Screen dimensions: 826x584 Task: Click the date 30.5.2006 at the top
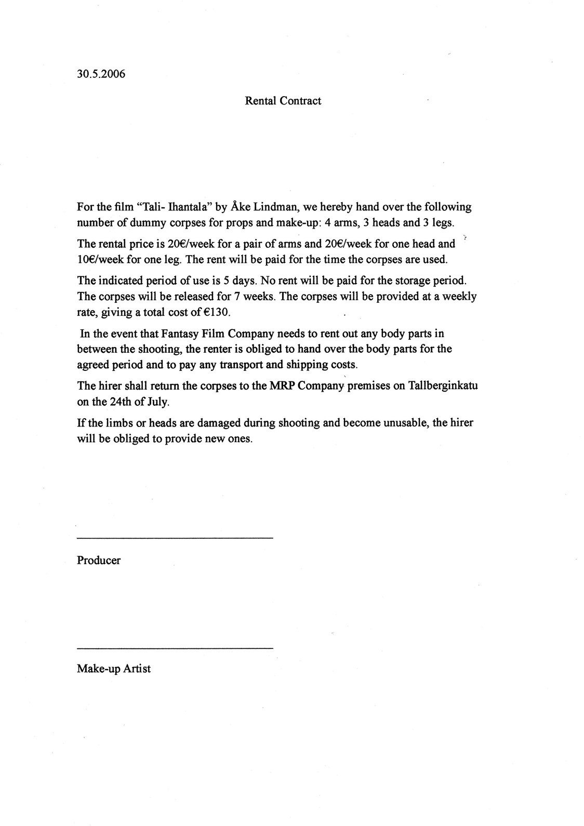click(101, 74)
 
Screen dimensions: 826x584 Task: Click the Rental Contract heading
click(283, 101)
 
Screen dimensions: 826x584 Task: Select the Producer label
click(99, 561)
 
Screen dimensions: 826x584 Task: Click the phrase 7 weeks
click(245, 297)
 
